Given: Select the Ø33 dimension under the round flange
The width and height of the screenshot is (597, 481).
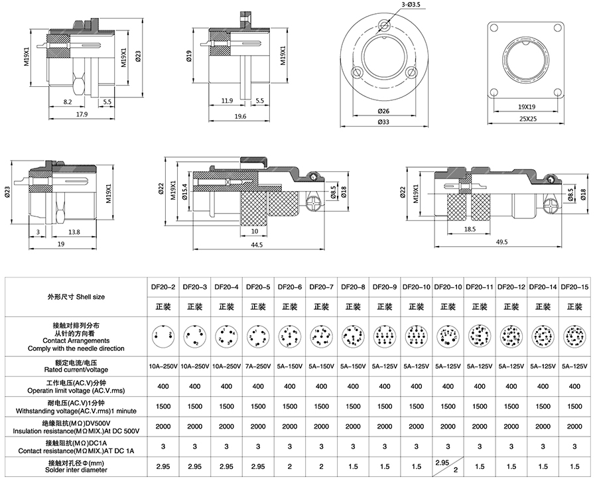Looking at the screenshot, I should coord(384,121).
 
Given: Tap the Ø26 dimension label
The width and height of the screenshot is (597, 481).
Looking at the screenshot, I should coord(384,110).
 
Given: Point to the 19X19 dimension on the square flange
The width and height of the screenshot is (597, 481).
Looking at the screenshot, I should coord(527,106).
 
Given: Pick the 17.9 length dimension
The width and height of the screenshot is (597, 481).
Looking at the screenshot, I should coord(82,114).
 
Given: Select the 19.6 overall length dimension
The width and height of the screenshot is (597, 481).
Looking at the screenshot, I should coord(240,116).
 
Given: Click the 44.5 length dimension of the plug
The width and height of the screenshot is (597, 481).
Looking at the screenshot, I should coord(257,245).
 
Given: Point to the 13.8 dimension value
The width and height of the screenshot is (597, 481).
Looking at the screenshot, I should coord(74,232).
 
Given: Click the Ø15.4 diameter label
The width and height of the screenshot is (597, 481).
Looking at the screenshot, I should coord(186,192).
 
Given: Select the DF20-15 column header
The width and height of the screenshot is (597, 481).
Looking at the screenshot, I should coord(574,287).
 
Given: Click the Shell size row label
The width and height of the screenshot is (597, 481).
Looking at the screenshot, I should coord(76,297).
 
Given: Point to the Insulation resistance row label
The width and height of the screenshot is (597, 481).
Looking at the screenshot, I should coord(76,427).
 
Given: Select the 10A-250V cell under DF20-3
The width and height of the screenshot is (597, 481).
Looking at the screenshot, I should coord(194,366).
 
